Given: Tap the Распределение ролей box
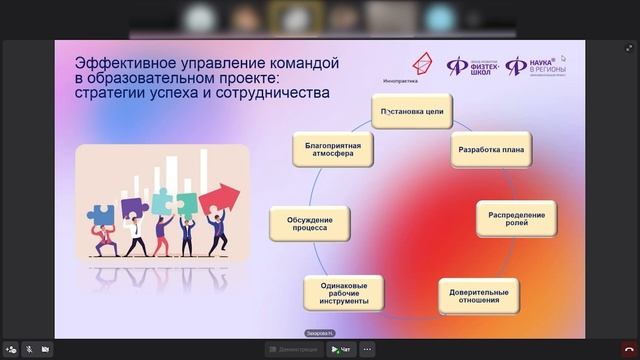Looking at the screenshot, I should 517,218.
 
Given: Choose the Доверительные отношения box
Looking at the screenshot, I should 478,296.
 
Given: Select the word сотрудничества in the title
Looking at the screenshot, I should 279,93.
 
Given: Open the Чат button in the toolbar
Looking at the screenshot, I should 342,349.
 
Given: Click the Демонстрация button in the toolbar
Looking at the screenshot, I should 293,349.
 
